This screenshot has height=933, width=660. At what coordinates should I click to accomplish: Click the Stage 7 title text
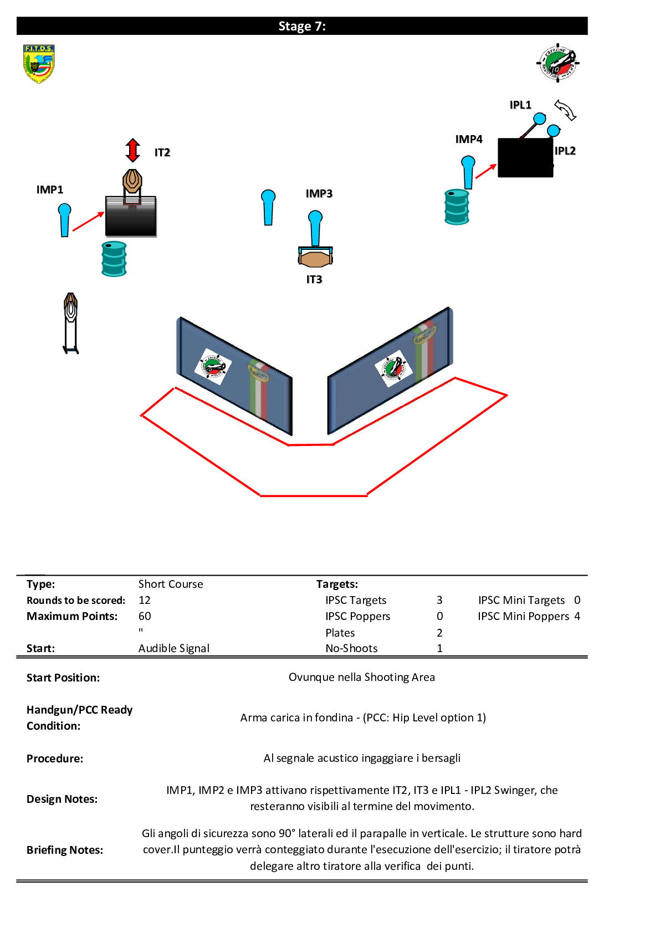click(x=301, y=26)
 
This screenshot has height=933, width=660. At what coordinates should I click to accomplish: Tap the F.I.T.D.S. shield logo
click(x=39, y=64)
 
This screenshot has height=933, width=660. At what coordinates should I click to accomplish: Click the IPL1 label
click(x=520, y=105)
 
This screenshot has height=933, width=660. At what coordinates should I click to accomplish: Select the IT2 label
click(x=162, y=152)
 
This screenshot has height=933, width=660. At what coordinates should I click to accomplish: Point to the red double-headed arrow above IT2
click(x=132, y=150)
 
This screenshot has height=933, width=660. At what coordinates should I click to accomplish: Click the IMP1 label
click(x=49, y=189)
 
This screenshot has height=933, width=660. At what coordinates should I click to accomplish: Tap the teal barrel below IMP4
click(x=457, y=207)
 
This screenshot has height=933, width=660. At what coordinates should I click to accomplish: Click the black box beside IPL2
click(x=525, y=157)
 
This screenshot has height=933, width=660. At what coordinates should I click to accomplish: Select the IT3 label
click(x=314, y=279)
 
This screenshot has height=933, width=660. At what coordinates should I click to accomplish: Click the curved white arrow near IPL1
click(x=565, y=110)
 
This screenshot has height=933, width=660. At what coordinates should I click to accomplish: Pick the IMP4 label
click(x=469, y=139)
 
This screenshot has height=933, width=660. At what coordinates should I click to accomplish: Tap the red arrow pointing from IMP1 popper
click(x=88, y=221)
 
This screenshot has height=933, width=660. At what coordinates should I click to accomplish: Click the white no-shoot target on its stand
click(x=70, y=323)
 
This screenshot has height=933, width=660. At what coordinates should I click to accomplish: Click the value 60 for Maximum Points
click(x=145, y=616)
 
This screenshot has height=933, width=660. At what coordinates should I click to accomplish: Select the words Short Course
click(x=171, y=584)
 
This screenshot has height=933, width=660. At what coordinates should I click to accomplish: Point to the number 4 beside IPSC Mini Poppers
click(x=577, y=616)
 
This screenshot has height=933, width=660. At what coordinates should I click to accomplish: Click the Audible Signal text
click(x=174, y=648)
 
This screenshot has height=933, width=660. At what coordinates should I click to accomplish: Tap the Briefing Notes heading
click(x=65, y=850)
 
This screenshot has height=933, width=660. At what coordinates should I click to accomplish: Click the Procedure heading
click(x=54, y=758)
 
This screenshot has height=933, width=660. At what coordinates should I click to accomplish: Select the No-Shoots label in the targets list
click(x=351, y=648)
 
